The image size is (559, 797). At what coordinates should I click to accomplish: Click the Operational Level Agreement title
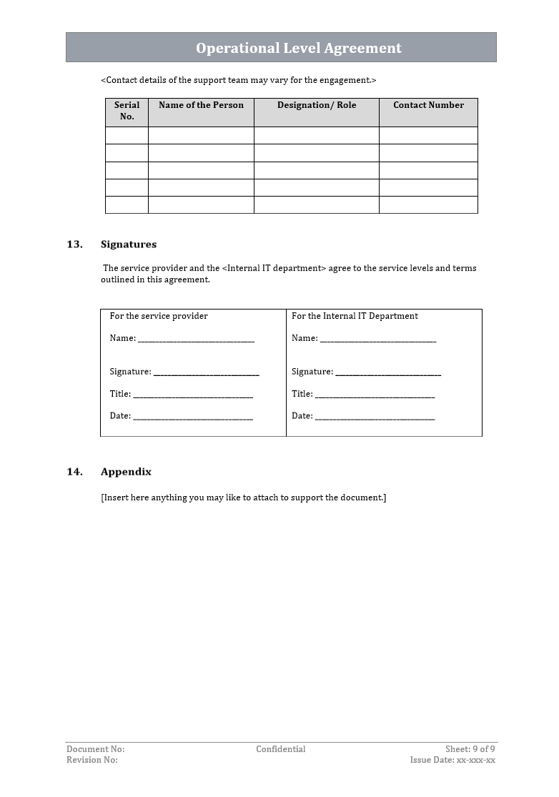coord(299,48)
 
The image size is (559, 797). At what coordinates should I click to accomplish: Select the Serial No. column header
coord(127,111)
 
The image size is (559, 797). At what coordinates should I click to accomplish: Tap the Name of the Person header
coord(201,105)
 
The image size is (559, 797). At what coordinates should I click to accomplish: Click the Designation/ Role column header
coord(316,105)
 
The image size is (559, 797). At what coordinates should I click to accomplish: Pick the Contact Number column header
coord(428,105)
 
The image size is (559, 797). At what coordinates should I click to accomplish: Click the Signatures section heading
coord(129,244)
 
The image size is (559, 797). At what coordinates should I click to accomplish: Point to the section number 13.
coord(74,244)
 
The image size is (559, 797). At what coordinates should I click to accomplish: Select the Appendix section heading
coord(126,472)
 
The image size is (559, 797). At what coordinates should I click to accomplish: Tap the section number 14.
coord(74,472)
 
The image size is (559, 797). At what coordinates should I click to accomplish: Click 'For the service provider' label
coord(159,316)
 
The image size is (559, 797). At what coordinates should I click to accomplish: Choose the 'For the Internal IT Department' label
coord(355,316)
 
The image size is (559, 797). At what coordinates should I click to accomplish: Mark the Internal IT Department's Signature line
coord(388,373)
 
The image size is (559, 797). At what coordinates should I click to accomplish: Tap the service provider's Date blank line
coord(192,417)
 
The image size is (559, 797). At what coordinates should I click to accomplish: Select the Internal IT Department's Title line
coord(375,395)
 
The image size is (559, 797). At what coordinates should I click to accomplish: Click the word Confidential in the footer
coord(281,749)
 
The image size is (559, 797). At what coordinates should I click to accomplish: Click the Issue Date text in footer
coord(452,760)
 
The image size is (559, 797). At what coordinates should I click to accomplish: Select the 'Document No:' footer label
coord(95,749)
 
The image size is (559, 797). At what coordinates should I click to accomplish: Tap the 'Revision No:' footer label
coord(92,760)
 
